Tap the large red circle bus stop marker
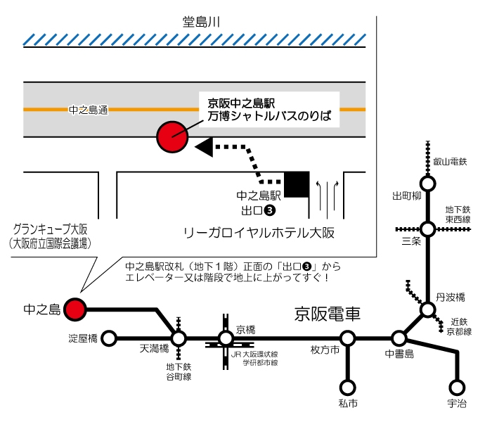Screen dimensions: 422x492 point(171,136)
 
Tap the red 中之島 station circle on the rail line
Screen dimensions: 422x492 point(75,308)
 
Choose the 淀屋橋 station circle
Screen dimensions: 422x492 point(109,339)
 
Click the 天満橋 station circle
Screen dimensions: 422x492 point(179,339)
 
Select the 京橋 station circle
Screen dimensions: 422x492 point(226,339)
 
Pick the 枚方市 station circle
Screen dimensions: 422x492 point(347,339)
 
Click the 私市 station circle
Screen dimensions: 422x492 point(347,387)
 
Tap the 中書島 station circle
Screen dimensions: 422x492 point(399,339)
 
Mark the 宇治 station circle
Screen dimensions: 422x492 point(457,387)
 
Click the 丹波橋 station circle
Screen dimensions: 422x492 point(427,309)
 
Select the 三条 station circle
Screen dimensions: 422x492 point(427,229)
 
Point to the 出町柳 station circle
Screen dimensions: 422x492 point(427,184)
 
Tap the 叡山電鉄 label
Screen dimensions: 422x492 point(450,162)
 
